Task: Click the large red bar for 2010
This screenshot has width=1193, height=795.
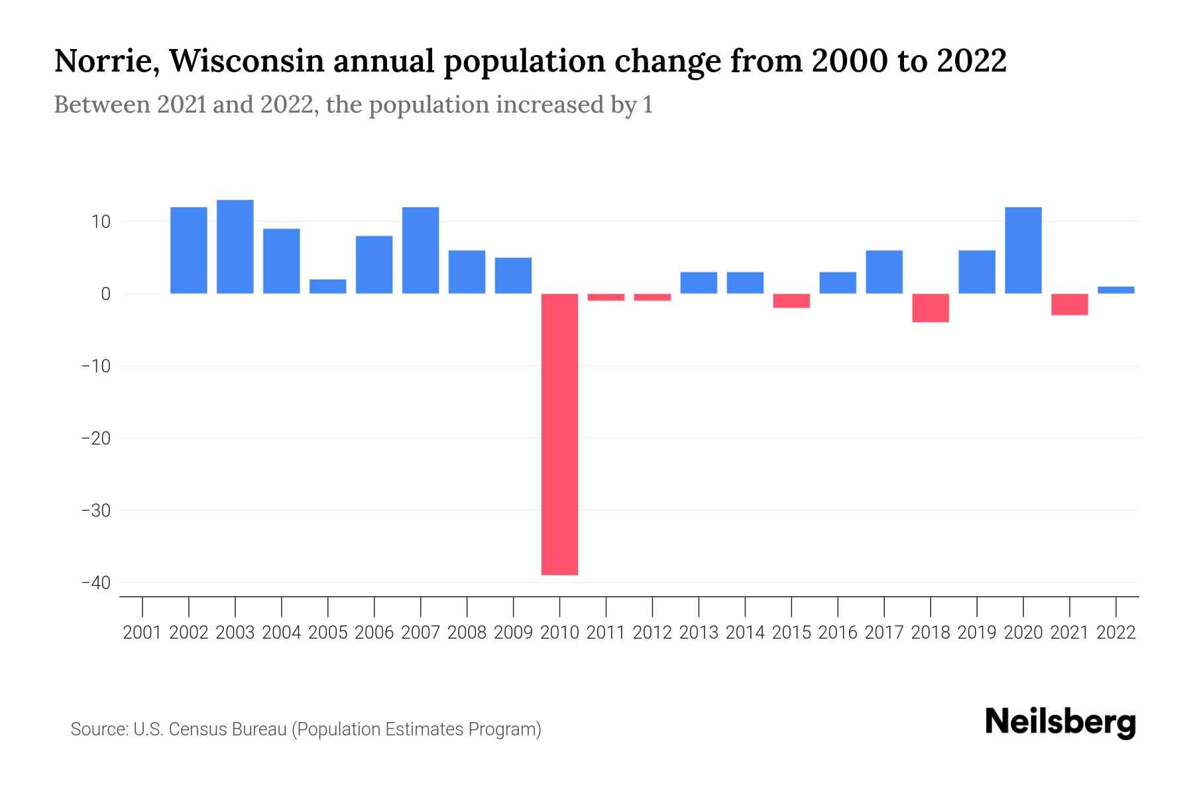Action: (559, 434)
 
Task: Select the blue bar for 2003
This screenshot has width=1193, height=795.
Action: (235, 246)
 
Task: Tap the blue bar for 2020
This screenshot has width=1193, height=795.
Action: (1023, 250)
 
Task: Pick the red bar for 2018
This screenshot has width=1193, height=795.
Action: (931, 308)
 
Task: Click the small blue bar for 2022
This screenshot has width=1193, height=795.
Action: (1116, 290)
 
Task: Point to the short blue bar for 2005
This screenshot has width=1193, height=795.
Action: (328, 286)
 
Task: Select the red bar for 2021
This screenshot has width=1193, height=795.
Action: (1070, 304)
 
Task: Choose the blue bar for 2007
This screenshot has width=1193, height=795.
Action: (421, 250)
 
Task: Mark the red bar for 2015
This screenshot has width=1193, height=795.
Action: (791, 301)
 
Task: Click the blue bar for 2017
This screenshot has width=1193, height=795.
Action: (884, 272)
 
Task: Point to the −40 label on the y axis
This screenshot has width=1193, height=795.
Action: (95, 582)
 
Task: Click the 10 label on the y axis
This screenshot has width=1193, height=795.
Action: (101, 221)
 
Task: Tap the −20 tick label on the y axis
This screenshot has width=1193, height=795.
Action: (95, 438)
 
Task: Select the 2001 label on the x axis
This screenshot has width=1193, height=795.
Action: (142, 633)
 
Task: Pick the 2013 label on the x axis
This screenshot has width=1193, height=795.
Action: (699, 633)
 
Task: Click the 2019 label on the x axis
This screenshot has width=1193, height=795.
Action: (977, 633)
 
